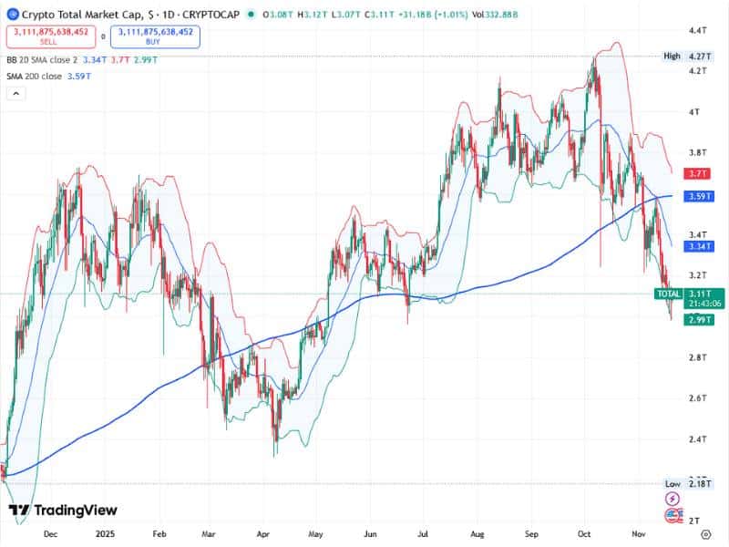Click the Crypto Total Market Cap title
coord(82,15)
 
